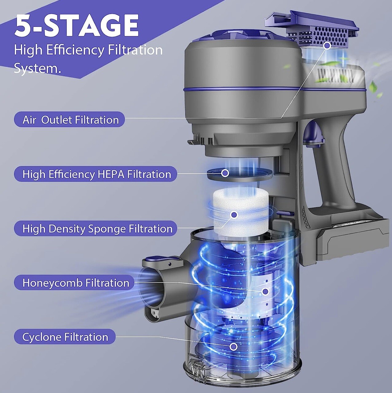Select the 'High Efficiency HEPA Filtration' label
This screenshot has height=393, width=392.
[x=96, y=174]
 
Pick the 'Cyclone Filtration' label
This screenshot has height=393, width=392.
[x=65, y=337]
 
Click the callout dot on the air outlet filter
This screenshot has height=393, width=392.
[x=327, y=46]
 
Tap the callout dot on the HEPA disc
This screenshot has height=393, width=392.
[x=225, y=173]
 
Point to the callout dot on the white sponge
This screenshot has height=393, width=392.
[x=234, y=215]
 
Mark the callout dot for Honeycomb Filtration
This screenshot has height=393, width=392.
[x=265, y=291]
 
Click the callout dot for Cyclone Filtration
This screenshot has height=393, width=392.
[x=233, y=347]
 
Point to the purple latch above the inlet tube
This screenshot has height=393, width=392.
[x=163, y=261]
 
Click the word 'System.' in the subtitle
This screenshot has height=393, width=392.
[x=37, y=68]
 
